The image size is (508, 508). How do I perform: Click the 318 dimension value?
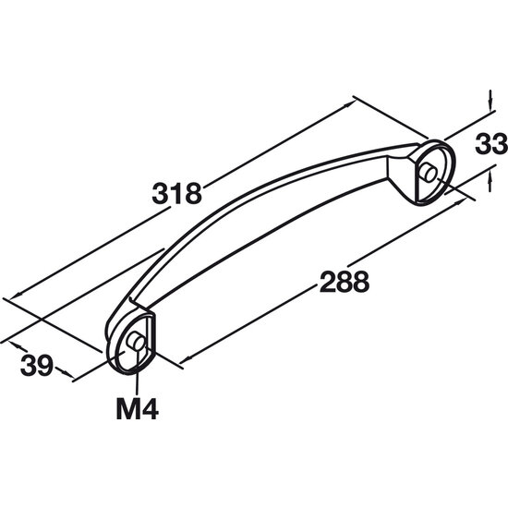pos(177,194)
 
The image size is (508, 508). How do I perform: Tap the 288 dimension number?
pos(345,282)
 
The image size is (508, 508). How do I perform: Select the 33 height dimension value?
pos(490,144)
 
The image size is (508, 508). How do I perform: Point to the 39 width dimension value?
pos(37,366)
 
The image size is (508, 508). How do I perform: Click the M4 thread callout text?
pos(138,410)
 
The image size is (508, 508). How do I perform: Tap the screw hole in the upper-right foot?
pos(428,172)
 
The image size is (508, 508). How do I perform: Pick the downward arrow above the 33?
pos(490,100)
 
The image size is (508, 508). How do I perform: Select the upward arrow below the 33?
pos(490,182)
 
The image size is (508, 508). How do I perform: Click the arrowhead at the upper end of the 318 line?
pos(350,103)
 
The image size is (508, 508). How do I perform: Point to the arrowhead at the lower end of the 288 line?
pos(186,359)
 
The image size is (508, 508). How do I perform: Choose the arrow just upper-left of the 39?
pos(16,345)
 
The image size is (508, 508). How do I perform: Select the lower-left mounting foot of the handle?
pos(130,340)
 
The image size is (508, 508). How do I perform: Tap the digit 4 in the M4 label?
pos(150,410)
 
